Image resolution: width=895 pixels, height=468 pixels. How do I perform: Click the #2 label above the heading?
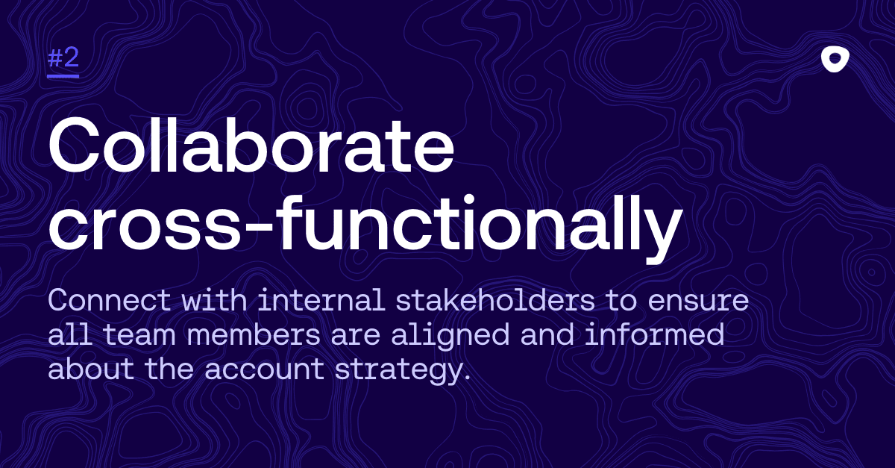63,60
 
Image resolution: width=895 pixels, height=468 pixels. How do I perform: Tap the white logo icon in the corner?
835,60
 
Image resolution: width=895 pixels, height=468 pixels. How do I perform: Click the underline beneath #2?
63,75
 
